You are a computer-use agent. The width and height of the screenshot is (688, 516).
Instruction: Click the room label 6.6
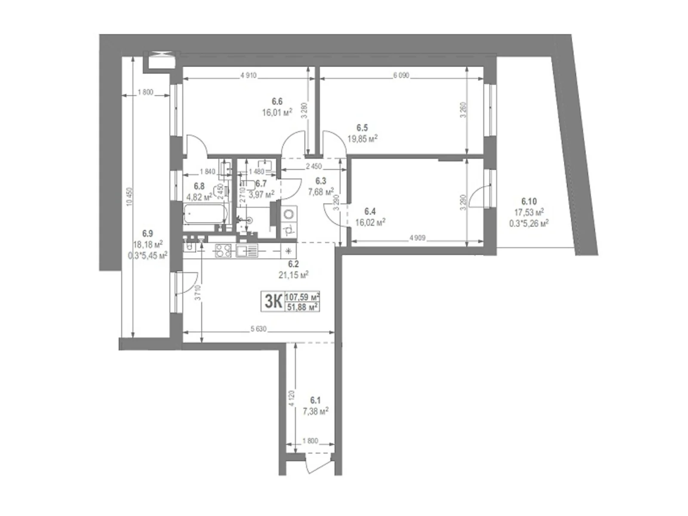277,101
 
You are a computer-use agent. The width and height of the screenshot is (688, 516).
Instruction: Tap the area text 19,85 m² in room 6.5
362,139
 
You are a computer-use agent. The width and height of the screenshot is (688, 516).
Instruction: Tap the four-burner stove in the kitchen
223,250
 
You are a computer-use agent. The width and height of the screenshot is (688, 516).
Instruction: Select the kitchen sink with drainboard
247,250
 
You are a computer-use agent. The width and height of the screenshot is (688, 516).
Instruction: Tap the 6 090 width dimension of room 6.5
401,76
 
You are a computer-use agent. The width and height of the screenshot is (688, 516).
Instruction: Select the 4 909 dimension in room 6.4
417,237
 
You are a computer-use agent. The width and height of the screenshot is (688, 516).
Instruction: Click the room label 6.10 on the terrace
528,201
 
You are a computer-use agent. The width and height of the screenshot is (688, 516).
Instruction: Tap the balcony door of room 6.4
479,197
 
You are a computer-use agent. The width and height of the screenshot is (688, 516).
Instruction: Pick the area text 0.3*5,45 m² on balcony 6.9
147,255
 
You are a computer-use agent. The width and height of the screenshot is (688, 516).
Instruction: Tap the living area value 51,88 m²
302,306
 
